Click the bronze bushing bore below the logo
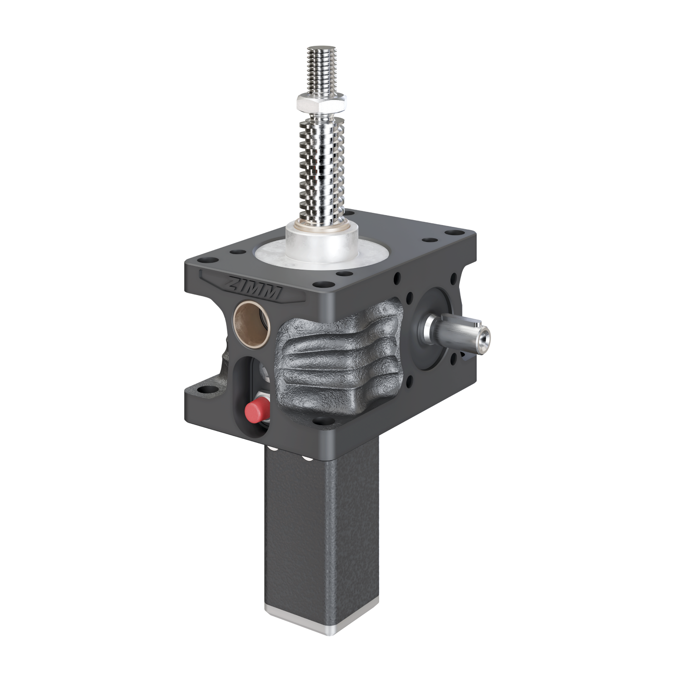click(x=251, y=323)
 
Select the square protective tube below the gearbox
click(x=321, y=546)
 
